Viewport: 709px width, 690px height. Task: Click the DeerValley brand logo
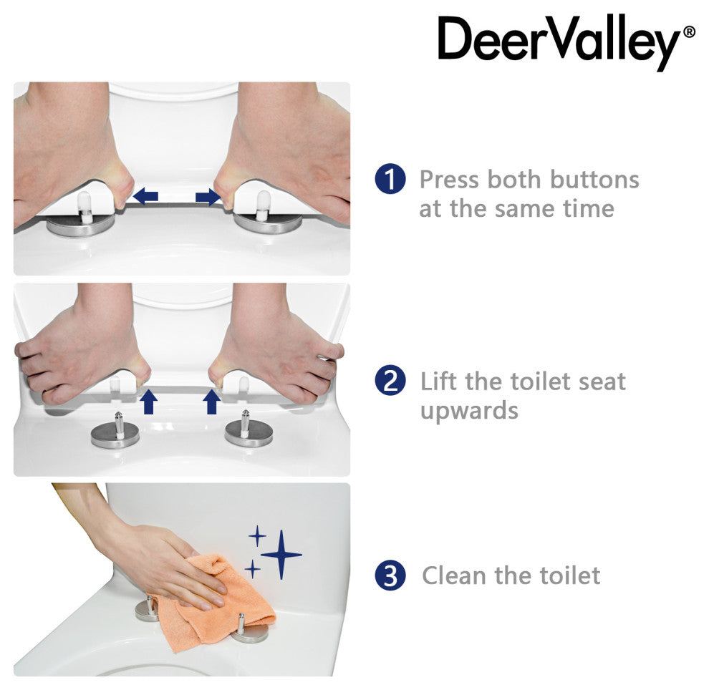click(x=566, y=42)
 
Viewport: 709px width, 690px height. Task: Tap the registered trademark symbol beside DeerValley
click(x=689, y=32)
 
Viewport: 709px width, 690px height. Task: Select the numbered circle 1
click(x=390, y=179)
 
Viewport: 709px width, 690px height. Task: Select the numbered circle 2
click(x=390, y=381)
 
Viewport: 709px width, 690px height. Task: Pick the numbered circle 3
click(x=390, y=575)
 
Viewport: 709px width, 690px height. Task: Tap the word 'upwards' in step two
click(x=469, y=411)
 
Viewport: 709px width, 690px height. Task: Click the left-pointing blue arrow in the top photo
click(x=145, y=197)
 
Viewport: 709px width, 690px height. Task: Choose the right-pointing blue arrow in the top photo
click(x=208, y=197)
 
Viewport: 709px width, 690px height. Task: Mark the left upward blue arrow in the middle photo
click(x=149, y=402)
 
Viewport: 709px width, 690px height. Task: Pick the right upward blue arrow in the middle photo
click(x=211, y=402)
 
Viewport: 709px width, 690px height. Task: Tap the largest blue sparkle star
click(x=281, y=554)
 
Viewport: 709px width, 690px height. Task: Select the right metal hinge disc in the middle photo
click(x=249, y=434)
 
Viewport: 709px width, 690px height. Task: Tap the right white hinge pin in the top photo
click(x=263, y=205)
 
